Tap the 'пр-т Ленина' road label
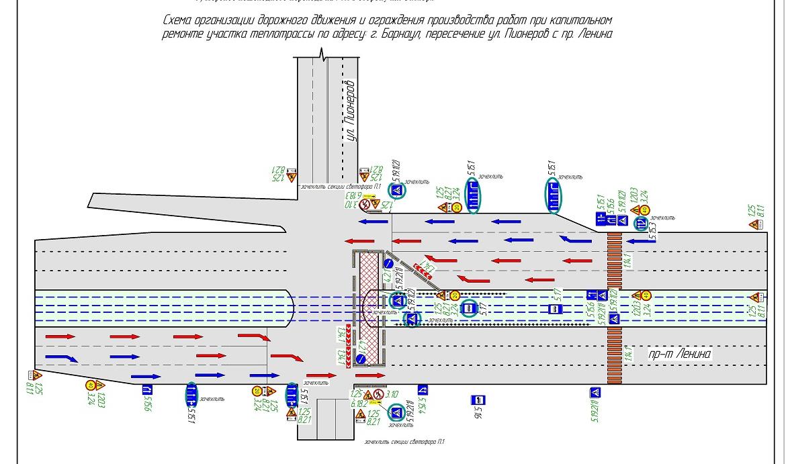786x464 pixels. click(680, 354)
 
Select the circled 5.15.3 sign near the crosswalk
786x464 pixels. click(641, 224)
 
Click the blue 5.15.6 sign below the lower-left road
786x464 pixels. click(147, 389)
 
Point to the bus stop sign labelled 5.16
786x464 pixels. click(478, 400)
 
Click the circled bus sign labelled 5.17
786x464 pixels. click(470, 309)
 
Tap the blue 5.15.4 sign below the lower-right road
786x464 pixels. click(423, 389)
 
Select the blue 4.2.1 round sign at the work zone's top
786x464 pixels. click(388, 263)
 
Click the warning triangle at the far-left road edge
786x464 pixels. click(36, 376)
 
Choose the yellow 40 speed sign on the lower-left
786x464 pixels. click(90, 385)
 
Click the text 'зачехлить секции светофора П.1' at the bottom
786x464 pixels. click(404, 442)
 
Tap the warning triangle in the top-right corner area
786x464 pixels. click(754, 224)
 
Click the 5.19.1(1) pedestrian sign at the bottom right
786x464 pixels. click(595, 393)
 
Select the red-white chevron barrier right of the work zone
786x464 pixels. click(423, 270)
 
